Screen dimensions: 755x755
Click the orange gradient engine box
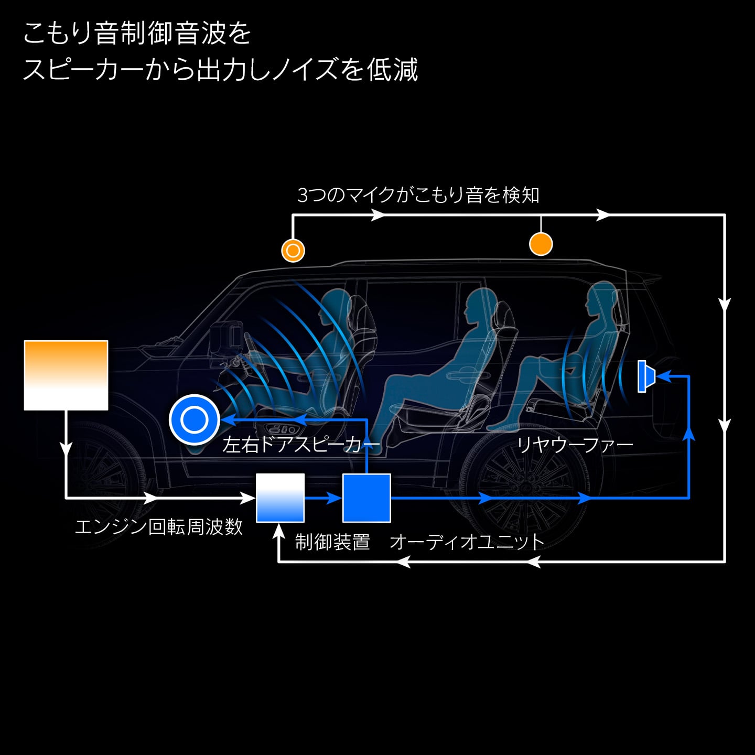[66, 375]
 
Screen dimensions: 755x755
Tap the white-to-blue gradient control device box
[280, 498]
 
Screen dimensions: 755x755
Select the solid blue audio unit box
[366, 498]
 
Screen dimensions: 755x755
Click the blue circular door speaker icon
[195, 419]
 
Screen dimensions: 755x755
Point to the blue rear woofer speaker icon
[646, 376]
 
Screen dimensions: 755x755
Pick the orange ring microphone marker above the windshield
[293, 251]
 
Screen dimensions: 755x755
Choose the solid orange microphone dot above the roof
[541, 244]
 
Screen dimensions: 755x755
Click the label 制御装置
[332, 542]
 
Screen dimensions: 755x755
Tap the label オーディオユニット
[467, 542]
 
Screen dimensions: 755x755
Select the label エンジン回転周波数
[159, 526]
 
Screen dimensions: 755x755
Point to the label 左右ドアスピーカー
[301, 445]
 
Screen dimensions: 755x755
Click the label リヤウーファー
[575, 445]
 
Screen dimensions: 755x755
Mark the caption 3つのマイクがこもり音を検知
[418, 195]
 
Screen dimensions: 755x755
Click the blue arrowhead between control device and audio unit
[334, 498]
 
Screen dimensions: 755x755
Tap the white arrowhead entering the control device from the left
[248, 498]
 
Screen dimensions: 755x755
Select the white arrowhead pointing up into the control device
[278, 531]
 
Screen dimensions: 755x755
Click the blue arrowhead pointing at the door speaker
[228, 419]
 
